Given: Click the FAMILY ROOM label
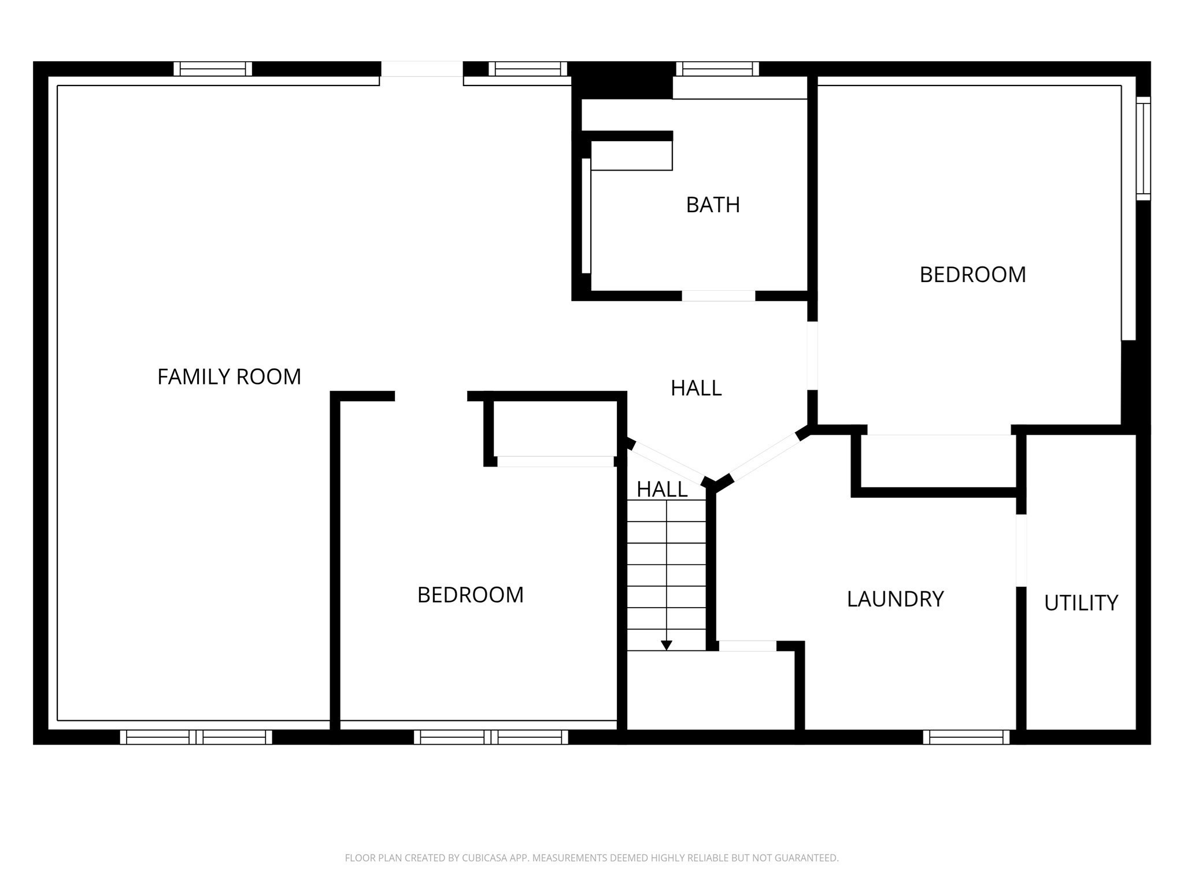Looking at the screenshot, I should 229,377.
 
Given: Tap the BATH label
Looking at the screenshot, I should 712,205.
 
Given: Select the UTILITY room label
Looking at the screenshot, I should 1081,603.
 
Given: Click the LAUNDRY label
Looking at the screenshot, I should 895,599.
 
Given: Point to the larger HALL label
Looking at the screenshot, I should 695,388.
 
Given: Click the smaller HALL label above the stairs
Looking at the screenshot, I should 661,490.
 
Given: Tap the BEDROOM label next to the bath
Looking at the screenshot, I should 972,275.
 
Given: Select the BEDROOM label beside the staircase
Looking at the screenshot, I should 470,595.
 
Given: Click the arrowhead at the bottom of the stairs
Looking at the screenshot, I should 666,645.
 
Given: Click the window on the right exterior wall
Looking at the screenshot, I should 1143,149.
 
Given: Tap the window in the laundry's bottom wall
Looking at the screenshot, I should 965,737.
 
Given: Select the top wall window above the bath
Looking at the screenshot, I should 717,69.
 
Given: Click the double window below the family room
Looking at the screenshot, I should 196,737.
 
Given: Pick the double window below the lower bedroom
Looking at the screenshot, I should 491,737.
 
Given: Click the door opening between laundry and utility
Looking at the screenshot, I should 1021,550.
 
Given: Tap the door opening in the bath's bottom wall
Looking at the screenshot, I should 718,296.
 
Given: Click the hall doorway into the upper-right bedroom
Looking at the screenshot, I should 812,356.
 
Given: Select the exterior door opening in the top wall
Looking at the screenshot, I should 421,69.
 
